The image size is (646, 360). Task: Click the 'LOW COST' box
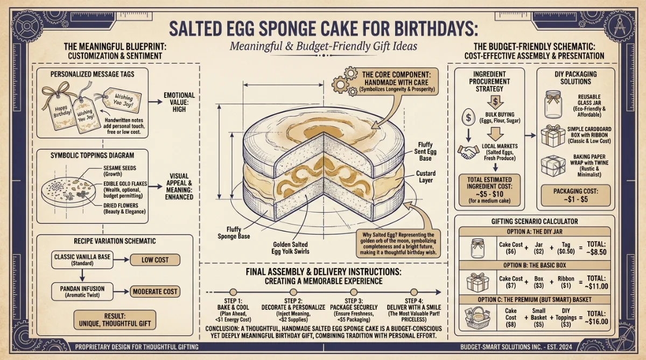pyautogui.click(x=155, y=260)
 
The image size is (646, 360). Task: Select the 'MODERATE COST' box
pyautogui.click(x=155, y=292)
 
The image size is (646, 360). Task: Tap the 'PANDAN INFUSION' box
pyautogui.click(x=82, y=292)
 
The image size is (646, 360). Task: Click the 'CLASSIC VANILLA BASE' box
pyautogui.click(x=82, y=260)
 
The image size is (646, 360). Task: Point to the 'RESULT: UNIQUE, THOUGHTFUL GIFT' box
pyautogui.click(x=115, y=320)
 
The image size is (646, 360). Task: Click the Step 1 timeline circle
pyautogui.click(x=233, y=292)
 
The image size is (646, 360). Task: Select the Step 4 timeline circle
pyautogui.click(x=413, y=292)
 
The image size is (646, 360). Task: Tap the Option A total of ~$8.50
pyautogui.click(x=596, y=248)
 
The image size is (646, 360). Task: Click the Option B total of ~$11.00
pyautogui.click(x=596, y=283)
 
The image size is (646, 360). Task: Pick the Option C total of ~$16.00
pyautogui.click(x=596, y=317)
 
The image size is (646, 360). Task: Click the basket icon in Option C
pyautogui.click(x=478, y=317)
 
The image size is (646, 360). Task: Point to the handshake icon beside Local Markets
pyautogui.click(x=467, y=152)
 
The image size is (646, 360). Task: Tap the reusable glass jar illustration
pyautogui.click(x=553, y=104)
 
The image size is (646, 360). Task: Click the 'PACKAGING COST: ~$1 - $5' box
pyautogui.click(x=575, y=195)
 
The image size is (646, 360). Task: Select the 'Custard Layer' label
pyautogui.click(x=426, y=177)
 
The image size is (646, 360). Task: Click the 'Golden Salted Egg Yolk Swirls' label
pyautogui.click(x=290, y=248)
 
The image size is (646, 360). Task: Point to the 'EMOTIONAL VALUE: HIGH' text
pyautogui.click(x=179, y=102)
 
